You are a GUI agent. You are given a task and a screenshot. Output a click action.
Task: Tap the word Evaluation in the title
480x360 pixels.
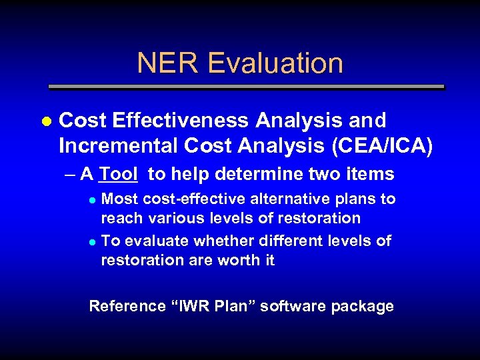pyautogui.click(x=275, y=63)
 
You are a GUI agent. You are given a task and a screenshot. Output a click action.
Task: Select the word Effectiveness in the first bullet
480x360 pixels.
pyautogui.click(x=184, y=121)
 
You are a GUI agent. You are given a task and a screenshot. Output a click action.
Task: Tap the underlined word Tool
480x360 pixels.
pyautogui.click(x=118, y=175)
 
